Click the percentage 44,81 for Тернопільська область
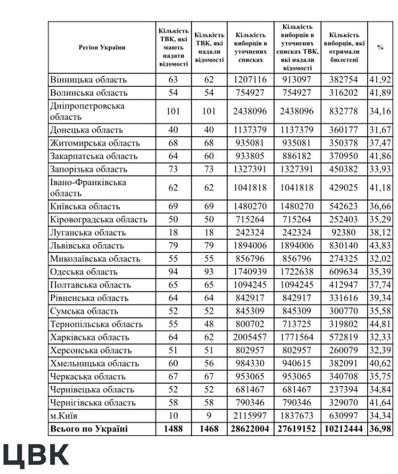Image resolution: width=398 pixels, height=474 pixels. point(380,324)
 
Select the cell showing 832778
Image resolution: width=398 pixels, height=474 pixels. point(344,112)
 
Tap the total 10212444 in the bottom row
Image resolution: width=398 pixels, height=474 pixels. point(344,429)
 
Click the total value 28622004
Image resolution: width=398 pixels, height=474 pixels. point(250,429)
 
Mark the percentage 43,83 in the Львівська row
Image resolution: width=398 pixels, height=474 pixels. point(380,246)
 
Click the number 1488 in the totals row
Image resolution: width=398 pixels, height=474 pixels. point(173,429)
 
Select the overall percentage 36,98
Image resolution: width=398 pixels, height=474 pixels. point(380,429)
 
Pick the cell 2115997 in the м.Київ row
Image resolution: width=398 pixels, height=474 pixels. point(250,416)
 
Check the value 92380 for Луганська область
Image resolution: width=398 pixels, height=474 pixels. point(344,233)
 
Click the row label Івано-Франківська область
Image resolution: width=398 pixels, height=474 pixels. point(88,188)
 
